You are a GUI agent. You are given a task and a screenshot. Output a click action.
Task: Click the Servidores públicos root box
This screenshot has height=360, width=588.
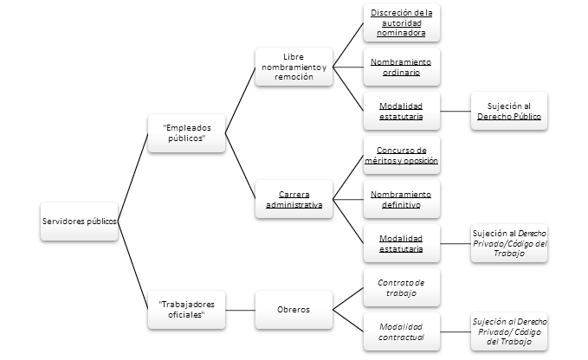79,221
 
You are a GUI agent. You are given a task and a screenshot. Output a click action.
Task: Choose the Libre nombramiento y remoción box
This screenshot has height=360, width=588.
294,66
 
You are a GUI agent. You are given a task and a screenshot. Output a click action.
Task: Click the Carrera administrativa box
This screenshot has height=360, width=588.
294,199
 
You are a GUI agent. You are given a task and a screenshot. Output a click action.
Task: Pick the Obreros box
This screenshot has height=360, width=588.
294,309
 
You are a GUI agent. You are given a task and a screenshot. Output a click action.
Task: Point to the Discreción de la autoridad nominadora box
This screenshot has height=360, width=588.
401,22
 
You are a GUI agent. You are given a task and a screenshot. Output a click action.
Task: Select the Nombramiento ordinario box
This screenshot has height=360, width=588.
401,67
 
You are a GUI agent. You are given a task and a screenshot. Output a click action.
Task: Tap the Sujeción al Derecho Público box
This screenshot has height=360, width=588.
509,111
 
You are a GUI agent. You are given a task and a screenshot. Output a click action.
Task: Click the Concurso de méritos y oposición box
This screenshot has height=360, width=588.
401,155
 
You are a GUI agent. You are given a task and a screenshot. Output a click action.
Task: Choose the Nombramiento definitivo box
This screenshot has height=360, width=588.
401,199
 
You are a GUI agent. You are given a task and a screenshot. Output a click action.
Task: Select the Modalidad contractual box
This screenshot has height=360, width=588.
401,331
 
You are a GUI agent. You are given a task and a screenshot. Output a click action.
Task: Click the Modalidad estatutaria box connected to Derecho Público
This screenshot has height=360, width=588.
401,111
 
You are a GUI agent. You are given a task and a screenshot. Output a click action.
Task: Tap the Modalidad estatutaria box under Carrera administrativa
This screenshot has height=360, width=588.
401,243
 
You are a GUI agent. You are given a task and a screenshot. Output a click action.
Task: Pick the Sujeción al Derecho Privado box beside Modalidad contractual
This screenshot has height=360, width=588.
509,331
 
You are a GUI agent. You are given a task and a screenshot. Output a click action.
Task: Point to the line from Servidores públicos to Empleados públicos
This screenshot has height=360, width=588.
132,177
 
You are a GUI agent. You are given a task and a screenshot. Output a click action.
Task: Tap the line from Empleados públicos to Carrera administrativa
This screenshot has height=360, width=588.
239,166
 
